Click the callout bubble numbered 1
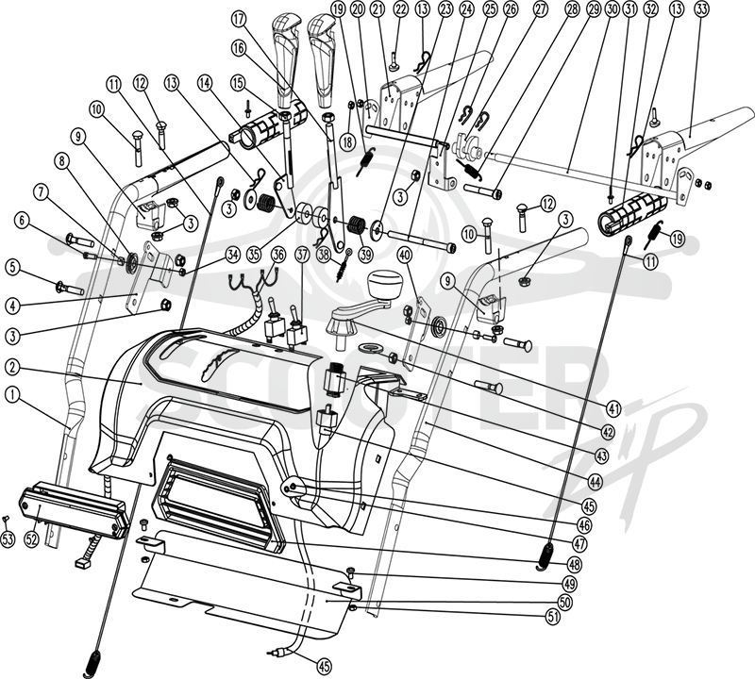12,395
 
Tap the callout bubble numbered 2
12,367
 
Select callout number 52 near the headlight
32,540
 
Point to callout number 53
8,540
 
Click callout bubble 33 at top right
702,8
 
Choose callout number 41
612,409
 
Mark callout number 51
554,618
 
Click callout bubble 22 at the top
400,8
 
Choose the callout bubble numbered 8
61,161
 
